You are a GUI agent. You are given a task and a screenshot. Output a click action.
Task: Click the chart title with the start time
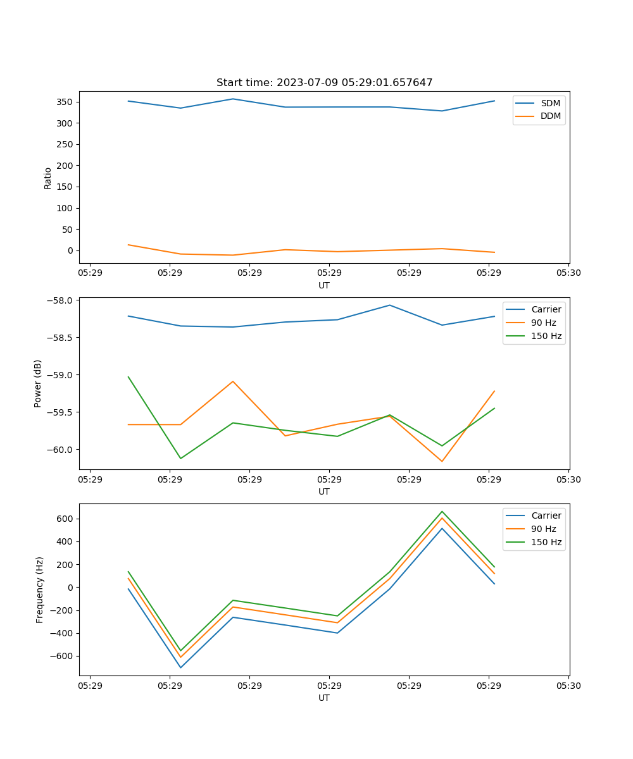click(x=324, y=83)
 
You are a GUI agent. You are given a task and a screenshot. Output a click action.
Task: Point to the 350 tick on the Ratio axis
click(x=66, y=102)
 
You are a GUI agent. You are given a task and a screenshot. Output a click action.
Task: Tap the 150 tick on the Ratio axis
click(x=66, y=187)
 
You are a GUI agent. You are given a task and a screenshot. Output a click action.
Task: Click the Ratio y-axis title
click(x=48, y=178)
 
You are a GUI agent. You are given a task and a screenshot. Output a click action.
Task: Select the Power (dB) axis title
click(x=38, y=383)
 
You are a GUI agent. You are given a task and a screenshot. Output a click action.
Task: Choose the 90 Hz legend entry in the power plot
click(x=543, y=323)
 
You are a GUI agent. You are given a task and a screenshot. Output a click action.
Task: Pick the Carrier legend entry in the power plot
click(x=546, y=309)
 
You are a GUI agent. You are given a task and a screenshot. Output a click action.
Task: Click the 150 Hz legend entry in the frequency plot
click(x=546, y=542)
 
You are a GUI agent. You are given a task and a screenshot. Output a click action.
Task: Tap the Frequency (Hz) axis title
click(x=40, y=589)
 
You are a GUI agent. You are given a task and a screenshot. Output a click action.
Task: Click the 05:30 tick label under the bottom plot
click(x=568, y=686)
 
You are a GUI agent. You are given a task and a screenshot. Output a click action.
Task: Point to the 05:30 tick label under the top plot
click(x=568, y=273)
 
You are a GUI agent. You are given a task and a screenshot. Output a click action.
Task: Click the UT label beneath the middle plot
click(x=324, y=491)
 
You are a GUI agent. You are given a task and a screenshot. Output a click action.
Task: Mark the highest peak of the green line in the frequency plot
click(x=442, y=511)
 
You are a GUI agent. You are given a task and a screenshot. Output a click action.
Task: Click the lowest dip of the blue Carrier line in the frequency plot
click(x=180, y=667)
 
